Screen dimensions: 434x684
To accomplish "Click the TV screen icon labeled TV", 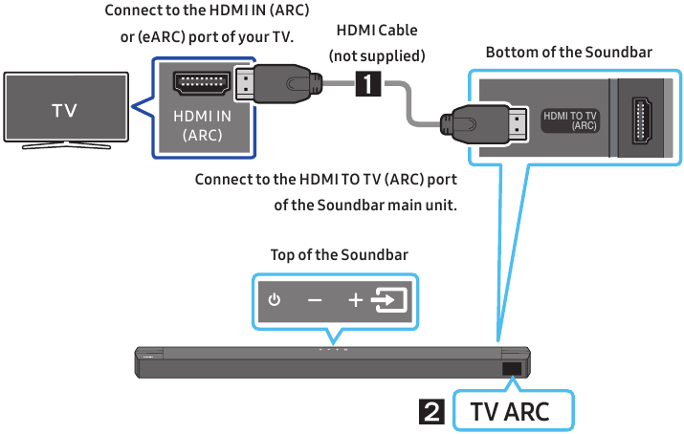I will click(65, 110).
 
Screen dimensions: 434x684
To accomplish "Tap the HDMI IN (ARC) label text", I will click(202, 125).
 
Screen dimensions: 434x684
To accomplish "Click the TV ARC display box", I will click(513, 412).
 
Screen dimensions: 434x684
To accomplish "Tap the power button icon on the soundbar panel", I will click(275, 300).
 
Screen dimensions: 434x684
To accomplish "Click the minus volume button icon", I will click(315, 300).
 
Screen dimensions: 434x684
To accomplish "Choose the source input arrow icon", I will click(388, 300).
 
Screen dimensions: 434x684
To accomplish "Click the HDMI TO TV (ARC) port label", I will click(570, 119).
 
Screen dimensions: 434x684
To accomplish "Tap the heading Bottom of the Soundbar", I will click(568, 53).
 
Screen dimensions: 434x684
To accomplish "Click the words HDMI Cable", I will click(377, 32).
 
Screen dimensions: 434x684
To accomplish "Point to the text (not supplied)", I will click(377, 56).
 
